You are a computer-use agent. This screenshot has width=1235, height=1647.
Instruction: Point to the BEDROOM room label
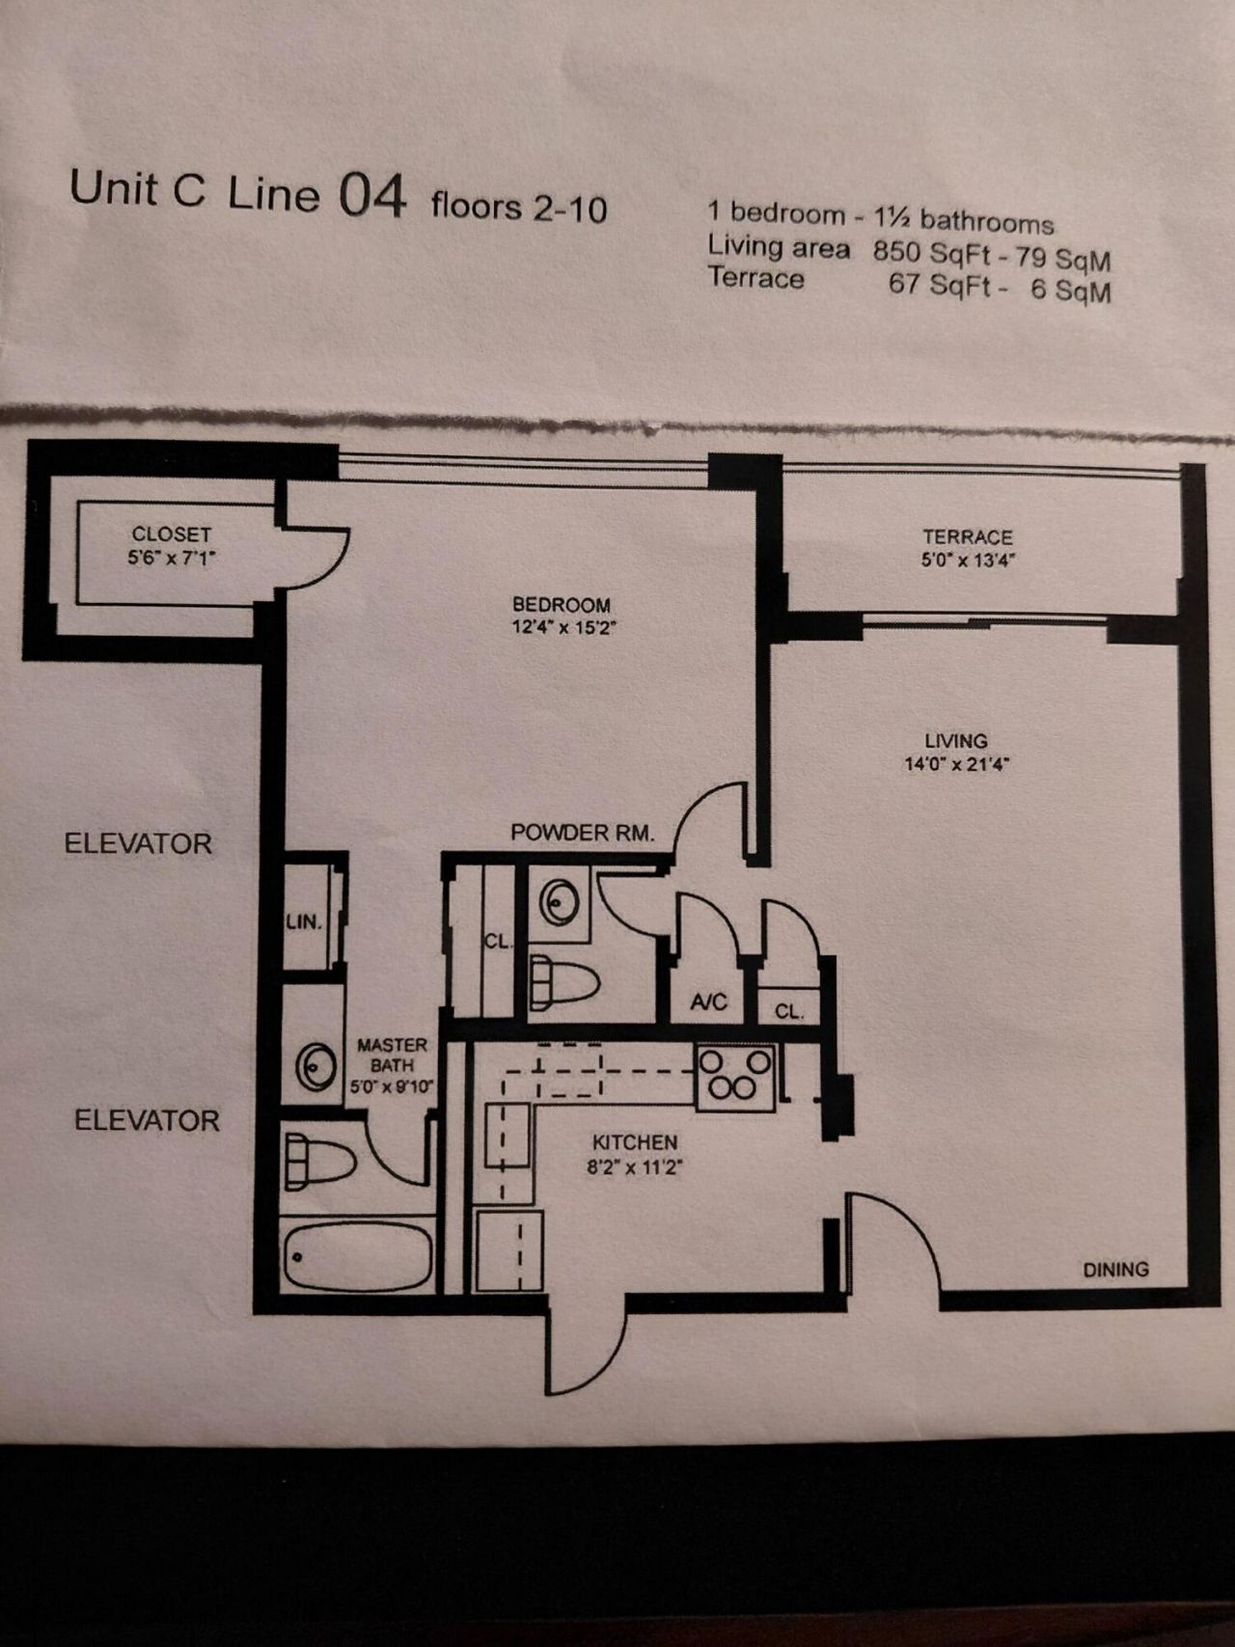coord(562,605)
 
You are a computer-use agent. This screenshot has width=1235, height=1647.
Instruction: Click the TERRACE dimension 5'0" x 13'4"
coord(967,561)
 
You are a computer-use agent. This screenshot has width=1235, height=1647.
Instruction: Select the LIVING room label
coord(955,741)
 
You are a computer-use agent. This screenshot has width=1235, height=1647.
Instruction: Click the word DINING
coord(1115,1270)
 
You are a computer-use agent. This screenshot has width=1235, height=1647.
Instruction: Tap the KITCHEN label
coord(634,1142)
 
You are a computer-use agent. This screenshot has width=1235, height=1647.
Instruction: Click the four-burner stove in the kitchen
coord(736,1077)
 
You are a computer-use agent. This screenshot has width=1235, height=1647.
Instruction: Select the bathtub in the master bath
coord(358,1255)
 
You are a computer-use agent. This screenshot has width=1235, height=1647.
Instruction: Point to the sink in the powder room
coord(559,902)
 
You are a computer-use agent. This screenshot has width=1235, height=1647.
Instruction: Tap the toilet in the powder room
coord(564,982)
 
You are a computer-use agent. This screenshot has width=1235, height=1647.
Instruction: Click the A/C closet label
coord(708,1002)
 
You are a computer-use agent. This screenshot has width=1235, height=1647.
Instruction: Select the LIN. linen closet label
coord(303,921)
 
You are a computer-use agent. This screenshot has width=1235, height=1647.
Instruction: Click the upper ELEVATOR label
coord(138,844)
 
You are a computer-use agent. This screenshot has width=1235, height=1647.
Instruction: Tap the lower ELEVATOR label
coord(147,1121)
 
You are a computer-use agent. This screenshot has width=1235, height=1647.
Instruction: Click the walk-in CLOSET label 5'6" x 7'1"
coord(171,534)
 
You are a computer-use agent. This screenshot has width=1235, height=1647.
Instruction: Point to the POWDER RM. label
coord(583,833)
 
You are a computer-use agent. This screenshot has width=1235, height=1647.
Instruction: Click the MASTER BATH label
coord(391,1056)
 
